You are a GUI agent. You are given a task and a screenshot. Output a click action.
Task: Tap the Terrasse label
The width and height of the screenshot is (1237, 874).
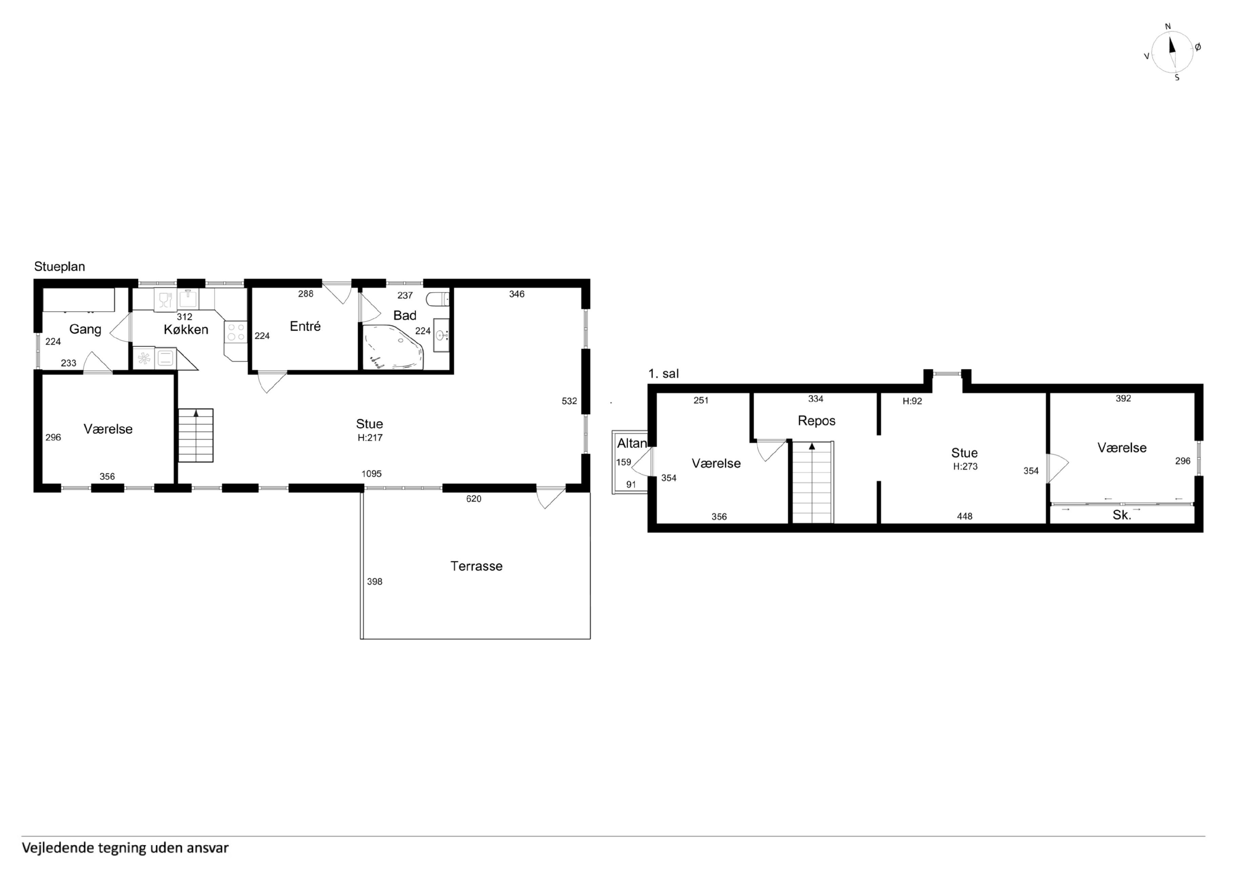tap(476, 566)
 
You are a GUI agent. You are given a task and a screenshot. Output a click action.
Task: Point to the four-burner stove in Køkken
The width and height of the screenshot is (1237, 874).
tap(235, 332)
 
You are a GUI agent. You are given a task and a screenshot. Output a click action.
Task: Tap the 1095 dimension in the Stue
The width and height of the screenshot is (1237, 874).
tap(372, 474)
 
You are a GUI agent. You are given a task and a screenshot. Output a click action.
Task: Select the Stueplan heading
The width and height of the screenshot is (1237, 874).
tap(60, 267)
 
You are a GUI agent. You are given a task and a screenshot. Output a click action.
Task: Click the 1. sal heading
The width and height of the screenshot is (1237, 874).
tap(664, 374)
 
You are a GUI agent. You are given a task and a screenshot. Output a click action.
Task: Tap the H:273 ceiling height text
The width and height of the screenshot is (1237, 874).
tap(965, 466)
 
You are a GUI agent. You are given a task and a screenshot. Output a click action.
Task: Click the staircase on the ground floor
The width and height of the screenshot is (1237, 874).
tap(196, 436)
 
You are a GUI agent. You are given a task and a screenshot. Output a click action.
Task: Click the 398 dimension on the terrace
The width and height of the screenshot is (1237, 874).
tap(374, 582)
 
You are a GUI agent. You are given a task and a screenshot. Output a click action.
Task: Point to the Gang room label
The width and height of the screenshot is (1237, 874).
tap(85, 329)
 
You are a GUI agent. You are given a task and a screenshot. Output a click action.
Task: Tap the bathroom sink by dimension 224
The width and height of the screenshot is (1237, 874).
tap(441, 335)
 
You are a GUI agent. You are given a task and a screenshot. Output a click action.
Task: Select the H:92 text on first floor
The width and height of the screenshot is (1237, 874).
tap(912, 401)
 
